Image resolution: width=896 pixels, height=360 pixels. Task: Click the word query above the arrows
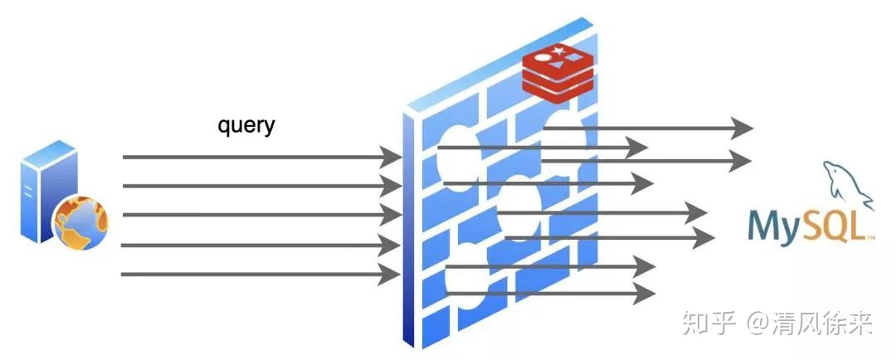pyautogui.click(x=246, y=126)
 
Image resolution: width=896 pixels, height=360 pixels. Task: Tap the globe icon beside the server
pyautogui.click(x=81, y=222)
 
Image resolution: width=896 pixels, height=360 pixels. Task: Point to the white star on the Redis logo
pyautogui.click(x=558, y=52)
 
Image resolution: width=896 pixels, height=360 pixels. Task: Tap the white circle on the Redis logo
pyautogui.click(x=541, y=58)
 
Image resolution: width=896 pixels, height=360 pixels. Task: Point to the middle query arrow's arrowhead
pyautogui.click(x=392, y=215)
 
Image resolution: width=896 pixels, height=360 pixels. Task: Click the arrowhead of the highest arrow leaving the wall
pyautogui.click(x=743, y=128)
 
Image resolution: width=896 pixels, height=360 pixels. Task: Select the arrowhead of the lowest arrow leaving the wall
pyautogui.click(x=644, y=294)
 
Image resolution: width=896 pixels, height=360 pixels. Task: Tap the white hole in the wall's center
pyautogui.click(x=519, y=209)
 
